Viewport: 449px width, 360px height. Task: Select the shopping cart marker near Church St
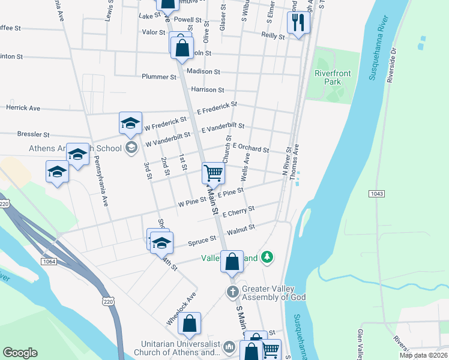coord(214,173)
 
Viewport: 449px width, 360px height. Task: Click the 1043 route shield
coord(376,194)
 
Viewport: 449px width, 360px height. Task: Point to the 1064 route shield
coord(49,261)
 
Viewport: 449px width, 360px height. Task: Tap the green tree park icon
coord(267,258)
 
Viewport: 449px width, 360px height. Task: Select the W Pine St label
coord(192,203)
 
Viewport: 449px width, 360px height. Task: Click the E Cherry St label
coord(238,212)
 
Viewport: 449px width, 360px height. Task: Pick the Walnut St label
coord(241,228)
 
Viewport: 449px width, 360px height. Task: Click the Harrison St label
coord(207,90)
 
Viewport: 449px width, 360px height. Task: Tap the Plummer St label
coord(159,77)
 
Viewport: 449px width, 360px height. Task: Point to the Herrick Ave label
coord(23,108)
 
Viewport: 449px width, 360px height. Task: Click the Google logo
coord(20,353)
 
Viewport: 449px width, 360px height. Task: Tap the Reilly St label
coord(273,36)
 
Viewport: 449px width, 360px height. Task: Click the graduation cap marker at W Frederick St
coord(130,123)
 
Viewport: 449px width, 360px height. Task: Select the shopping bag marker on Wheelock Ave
coord(189,323)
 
